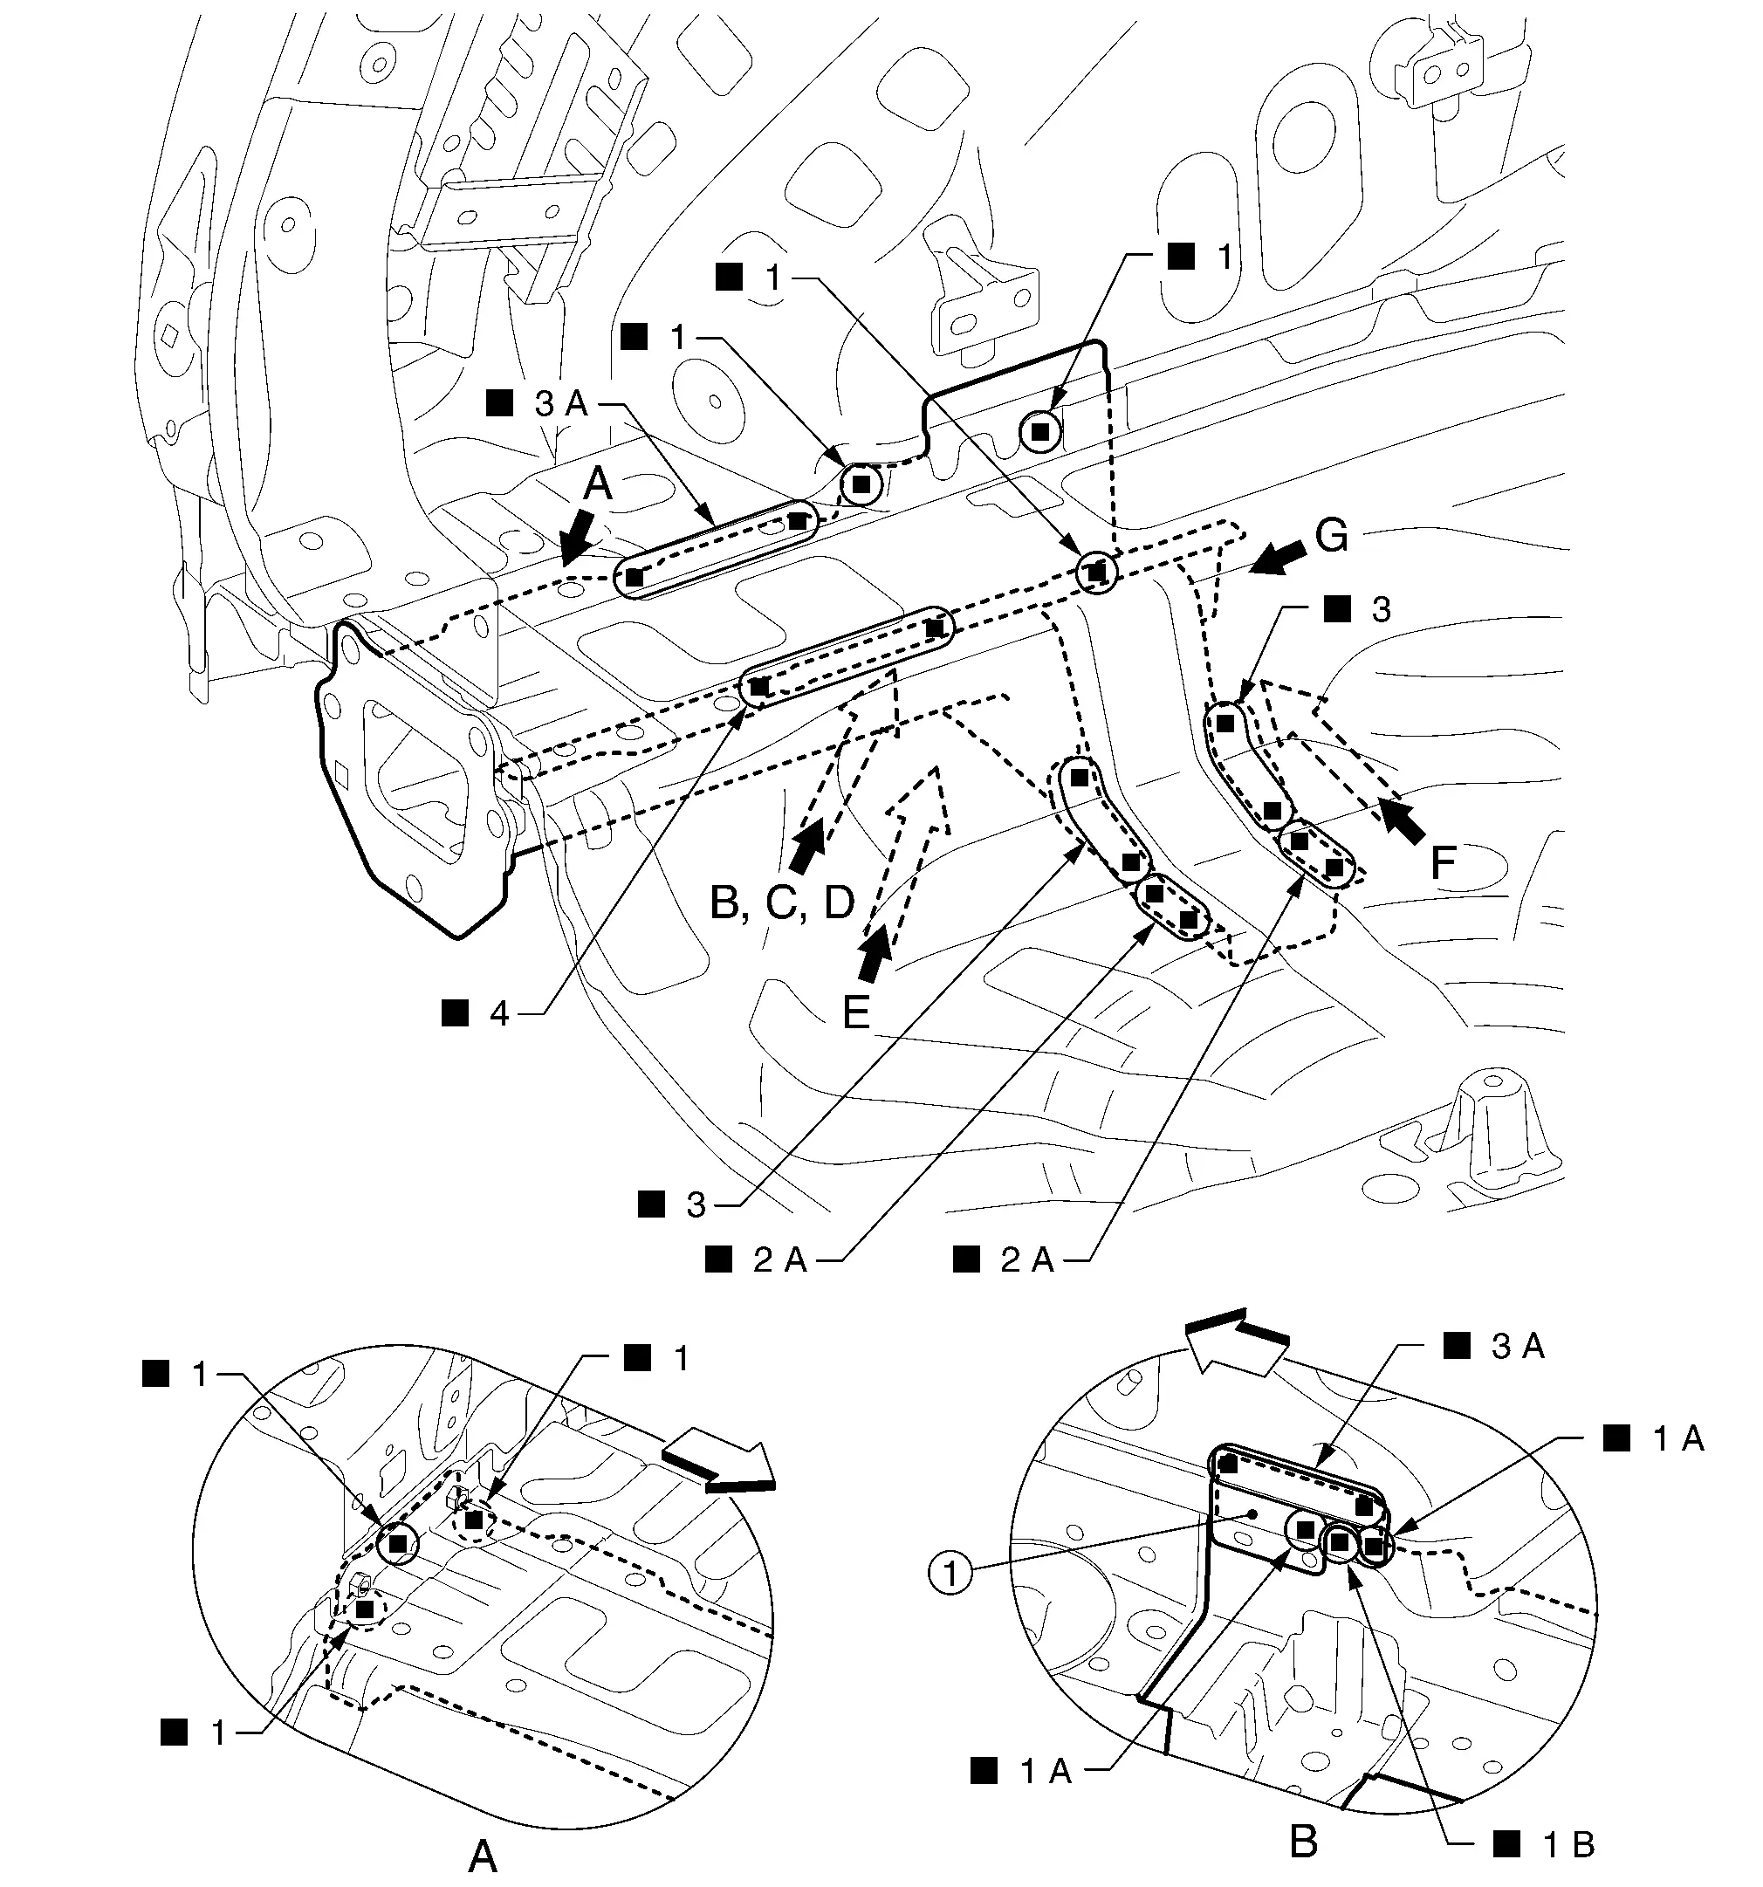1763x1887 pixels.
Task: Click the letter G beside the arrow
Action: click(1331, 535)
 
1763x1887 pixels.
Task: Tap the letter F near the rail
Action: click(1443, 864)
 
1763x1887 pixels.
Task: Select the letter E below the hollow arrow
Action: click(855, 1012)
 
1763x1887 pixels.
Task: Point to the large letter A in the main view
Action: click(597, 484)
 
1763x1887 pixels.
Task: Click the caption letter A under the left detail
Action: click(483, 1855)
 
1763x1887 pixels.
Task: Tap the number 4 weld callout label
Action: click(499, 1013)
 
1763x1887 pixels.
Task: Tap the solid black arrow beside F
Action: click(1403, 820)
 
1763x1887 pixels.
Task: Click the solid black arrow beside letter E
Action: click(874, 953)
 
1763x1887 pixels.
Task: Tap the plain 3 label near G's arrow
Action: click(1381, 609)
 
